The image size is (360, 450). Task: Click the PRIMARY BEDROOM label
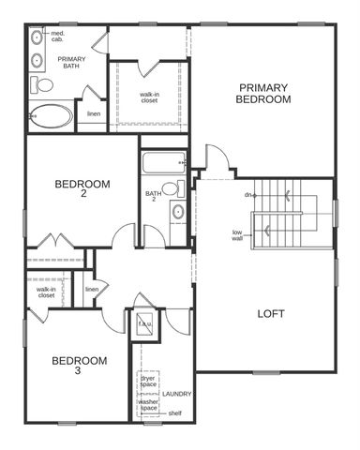point(262,93)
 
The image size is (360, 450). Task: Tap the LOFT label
point(271,313)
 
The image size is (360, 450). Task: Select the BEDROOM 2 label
point(82,188)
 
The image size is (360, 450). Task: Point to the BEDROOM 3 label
point(79,365)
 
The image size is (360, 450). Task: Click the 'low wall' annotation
point(239,234)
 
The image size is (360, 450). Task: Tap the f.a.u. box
point(145,324)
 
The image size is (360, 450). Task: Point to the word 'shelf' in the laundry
point(174,413)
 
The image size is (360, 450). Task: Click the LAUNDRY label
point(175,394)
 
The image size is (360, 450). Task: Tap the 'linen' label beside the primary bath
point(94,114)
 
